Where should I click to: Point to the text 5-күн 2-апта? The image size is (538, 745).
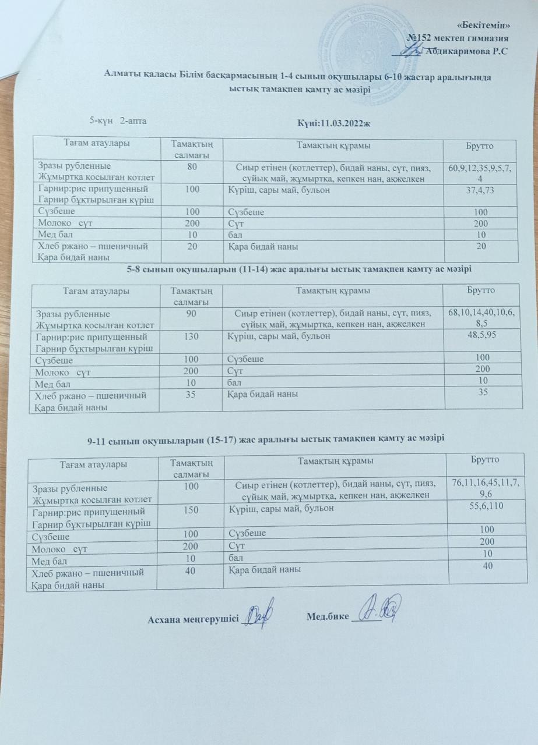tap(117, 120)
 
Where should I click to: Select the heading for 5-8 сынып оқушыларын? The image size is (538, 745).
tap(299, 268)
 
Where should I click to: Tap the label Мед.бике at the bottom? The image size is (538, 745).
tap(328, 616)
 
